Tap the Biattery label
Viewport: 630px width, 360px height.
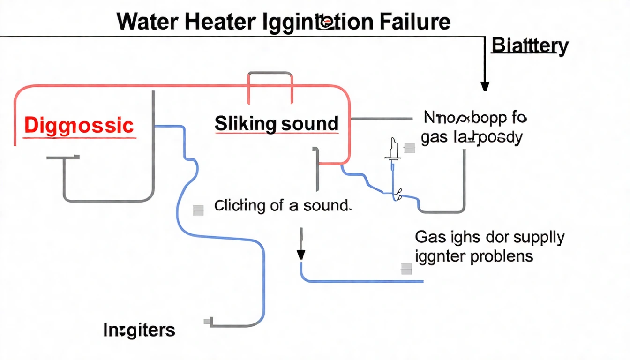pos(530,46)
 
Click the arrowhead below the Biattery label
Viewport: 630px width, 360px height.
pos(485,86)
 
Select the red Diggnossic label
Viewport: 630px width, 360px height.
pos(79,125)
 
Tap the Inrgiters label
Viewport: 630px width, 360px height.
pos(139,330)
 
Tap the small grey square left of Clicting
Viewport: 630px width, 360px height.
pos(198,210)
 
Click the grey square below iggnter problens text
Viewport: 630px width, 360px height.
pos(406,269)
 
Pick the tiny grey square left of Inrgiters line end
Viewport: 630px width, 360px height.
pos(207,322)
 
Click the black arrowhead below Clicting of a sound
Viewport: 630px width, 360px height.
pos(301,255)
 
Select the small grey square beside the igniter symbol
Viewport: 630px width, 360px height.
pos(409,149)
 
